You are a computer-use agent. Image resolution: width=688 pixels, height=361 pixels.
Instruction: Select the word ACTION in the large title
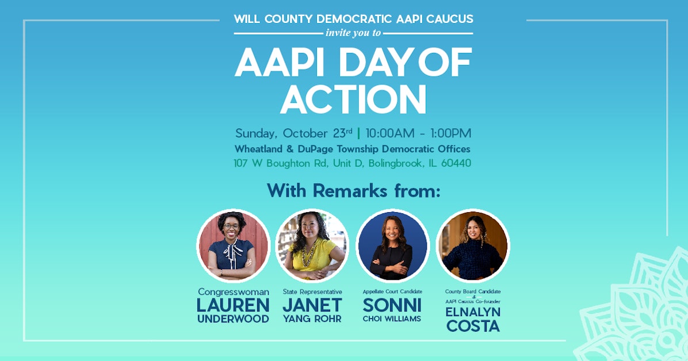[353, 99]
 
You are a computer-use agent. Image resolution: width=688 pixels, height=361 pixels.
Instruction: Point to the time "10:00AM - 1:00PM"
[418, 133]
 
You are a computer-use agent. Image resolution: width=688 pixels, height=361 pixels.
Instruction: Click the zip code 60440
[456, 163]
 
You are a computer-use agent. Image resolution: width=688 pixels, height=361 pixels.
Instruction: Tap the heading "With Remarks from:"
[353, 191]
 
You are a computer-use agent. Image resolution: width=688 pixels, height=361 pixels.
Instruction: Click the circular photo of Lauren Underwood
[233, 245]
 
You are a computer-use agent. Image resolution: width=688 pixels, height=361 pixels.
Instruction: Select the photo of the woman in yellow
[312, 245]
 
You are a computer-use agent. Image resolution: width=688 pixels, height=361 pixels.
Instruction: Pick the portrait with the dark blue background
[392, 245]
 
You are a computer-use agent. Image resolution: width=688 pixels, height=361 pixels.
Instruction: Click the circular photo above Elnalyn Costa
[472, 245]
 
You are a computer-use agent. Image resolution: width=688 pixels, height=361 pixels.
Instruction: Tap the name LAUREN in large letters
[233, 305]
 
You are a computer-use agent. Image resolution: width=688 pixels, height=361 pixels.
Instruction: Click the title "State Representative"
[312, 292]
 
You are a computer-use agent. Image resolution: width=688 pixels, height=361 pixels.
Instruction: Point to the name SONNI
[392, 305]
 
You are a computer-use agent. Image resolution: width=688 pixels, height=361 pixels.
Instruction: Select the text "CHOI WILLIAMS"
[392, 319]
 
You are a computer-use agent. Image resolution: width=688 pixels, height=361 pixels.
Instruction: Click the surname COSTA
[472, 326]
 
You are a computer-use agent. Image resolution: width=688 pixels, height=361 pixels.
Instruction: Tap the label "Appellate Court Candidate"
[392, 292]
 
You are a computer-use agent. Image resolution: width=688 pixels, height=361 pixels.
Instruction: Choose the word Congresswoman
[233, 292]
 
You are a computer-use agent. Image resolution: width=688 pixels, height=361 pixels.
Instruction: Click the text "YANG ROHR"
[312, 319]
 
